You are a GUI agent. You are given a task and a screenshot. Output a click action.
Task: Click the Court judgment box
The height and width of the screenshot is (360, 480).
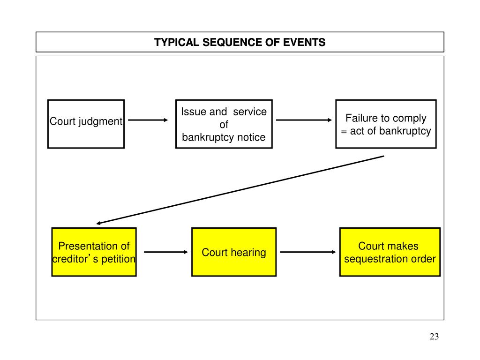(86, 124)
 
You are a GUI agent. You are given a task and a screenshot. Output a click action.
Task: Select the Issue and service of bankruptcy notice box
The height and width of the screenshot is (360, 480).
(224, 124)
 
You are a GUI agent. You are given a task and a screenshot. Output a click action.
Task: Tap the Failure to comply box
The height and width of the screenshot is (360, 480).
(386, 124)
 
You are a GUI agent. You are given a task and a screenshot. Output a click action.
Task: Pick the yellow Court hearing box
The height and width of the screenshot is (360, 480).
(234, 252)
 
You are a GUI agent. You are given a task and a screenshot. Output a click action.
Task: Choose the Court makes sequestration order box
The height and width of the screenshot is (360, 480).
(390, 252)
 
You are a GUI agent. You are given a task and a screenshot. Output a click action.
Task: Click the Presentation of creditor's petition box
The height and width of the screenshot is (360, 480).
(94, 252)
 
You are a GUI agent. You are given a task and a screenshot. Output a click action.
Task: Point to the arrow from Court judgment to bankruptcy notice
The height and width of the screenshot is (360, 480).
(148, 120)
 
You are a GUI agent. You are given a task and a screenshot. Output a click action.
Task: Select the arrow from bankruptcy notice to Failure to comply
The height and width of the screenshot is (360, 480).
(304, 120)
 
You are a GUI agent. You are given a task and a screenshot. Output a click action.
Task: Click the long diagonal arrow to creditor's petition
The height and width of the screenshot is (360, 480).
(240, 190)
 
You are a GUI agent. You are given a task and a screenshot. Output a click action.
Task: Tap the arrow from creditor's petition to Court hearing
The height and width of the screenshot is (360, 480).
(165, 252)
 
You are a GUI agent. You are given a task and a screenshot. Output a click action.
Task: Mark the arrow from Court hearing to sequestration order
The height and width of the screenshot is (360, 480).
(307, 252)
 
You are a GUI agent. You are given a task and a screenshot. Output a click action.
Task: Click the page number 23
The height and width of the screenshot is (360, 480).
(434, 337)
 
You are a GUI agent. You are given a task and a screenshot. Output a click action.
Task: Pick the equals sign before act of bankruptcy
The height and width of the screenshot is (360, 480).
(344, 132)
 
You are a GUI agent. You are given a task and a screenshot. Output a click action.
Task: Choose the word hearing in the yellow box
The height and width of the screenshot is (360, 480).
(248, 253)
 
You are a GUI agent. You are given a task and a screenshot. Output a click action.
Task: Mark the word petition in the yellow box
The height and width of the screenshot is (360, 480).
(118, 259)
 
